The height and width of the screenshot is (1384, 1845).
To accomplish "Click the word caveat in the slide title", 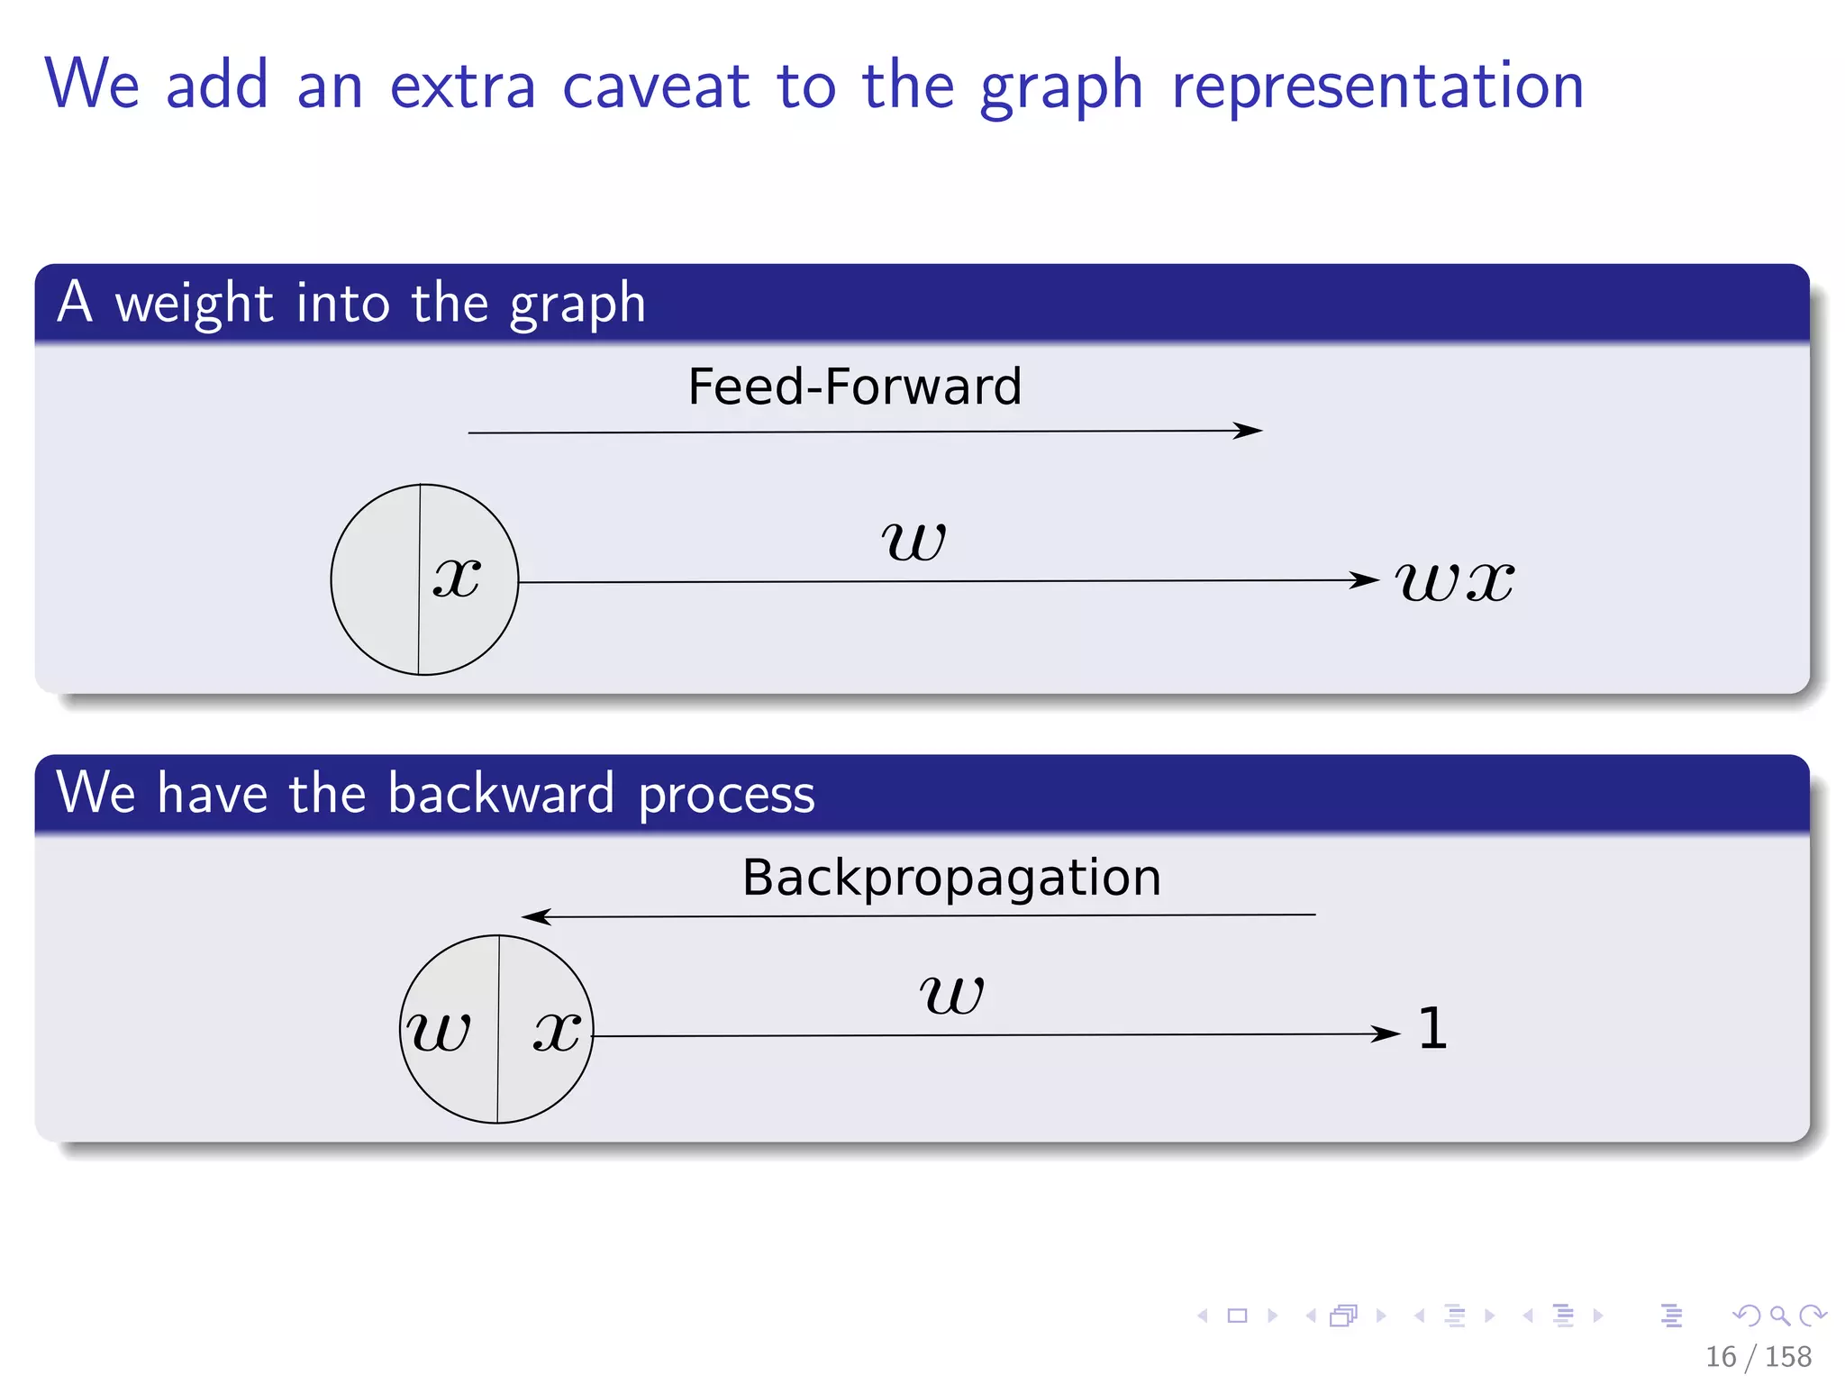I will coord(655,86).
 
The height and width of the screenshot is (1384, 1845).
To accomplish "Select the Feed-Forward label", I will coord(854,387).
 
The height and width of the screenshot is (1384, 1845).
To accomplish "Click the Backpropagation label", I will coord(951,878).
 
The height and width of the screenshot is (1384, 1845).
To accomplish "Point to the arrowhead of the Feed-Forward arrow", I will coord(1250,431).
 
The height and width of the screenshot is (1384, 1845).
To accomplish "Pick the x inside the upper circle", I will coord(457,577).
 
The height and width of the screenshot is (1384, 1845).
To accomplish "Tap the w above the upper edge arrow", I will coord(913,540).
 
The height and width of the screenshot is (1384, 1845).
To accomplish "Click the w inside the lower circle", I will coord(439,1030).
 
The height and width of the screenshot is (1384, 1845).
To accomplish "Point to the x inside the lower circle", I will coord(557,1029).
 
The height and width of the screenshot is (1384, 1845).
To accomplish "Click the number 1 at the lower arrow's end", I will coord(1432,1028).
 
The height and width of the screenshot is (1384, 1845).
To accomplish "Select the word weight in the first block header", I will coord(194,304).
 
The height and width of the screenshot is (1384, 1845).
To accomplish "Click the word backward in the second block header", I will coord(501,794).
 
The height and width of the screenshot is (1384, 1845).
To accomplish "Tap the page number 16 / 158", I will coord(1758,1356).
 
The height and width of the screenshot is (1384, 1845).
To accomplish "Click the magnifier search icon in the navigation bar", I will coord(1779,1316).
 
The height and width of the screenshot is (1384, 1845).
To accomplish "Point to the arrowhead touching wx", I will coord(1366,580).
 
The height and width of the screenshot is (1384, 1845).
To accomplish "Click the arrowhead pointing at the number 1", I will coord(1387,1033).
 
